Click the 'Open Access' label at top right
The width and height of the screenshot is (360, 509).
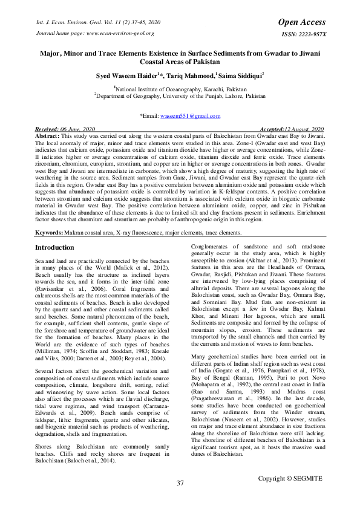302,22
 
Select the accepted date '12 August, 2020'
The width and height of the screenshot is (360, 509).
301,130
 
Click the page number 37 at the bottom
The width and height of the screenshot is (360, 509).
180,483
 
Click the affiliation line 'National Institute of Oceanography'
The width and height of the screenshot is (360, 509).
180,88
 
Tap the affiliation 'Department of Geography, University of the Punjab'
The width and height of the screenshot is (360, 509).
180,96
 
